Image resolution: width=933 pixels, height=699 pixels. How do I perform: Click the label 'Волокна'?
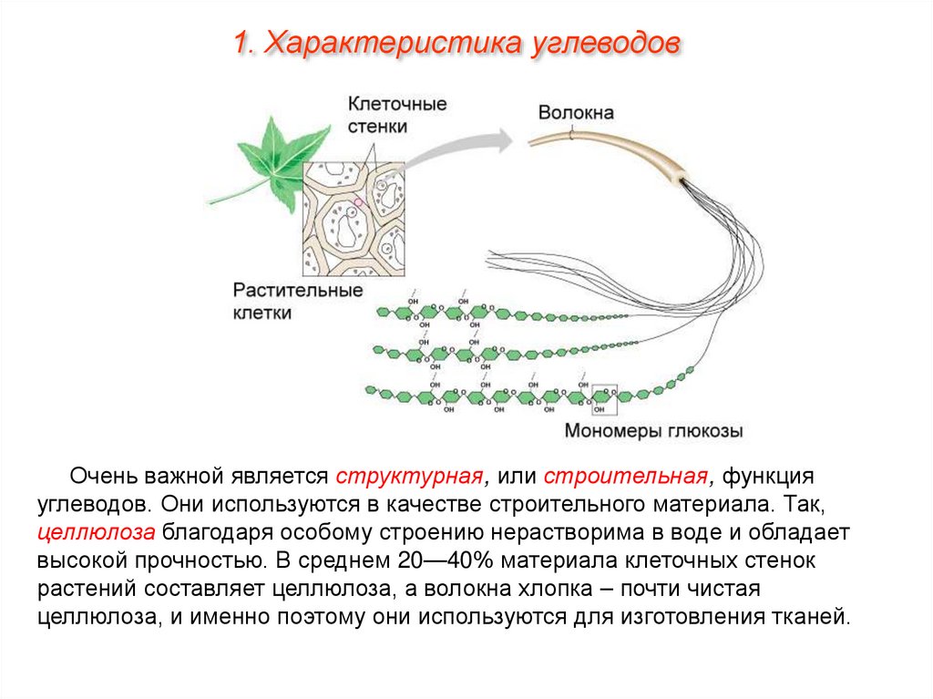[576, 113]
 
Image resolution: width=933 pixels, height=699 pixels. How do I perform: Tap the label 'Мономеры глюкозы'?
[653, 430]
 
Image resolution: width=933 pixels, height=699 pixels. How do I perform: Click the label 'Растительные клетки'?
[297, 301]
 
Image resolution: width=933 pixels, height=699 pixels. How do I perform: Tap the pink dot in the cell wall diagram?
[359, 202]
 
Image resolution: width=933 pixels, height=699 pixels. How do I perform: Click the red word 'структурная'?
[407, 477]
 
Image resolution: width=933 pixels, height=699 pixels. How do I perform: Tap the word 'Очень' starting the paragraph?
[105, 477]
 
